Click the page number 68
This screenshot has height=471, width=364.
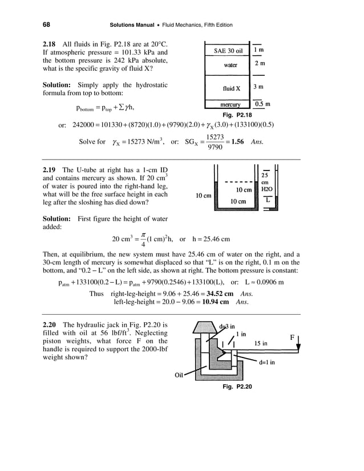[x=46, y=25]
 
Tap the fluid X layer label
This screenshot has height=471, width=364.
[x=231, y=89]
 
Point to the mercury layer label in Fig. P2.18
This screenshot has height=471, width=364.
[x=230, y=105]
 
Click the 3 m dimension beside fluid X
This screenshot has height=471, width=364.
[x=258, y=87]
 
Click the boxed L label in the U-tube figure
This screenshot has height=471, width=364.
[x=268, y=201]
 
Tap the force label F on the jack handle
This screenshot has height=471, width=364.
[x=292, y=338]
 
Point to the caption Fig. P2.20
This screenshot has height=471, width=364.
[x=240, y=387]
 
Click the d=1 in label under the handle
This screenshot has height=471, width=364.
[x=267, y=362]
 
